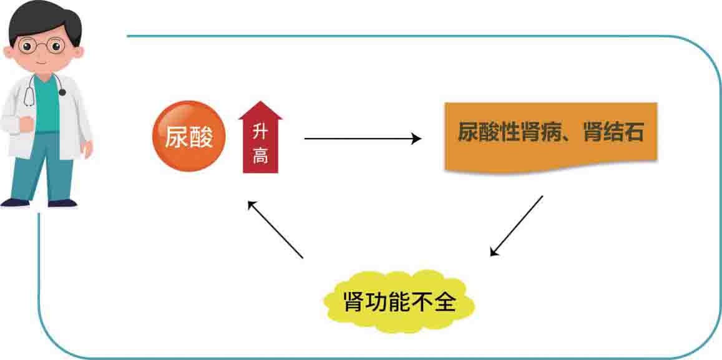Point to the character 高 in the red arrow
[x=260, y=156]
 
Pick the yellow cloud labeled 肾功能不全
[x=400, y=303]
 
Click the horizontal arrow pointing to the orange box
[x=362, y=139]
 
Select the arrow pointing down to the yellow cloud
[x=517, y=225]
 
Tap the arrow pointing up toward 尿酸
[x=275, y=229]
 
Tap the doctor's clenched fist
[x=26, y=124]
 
